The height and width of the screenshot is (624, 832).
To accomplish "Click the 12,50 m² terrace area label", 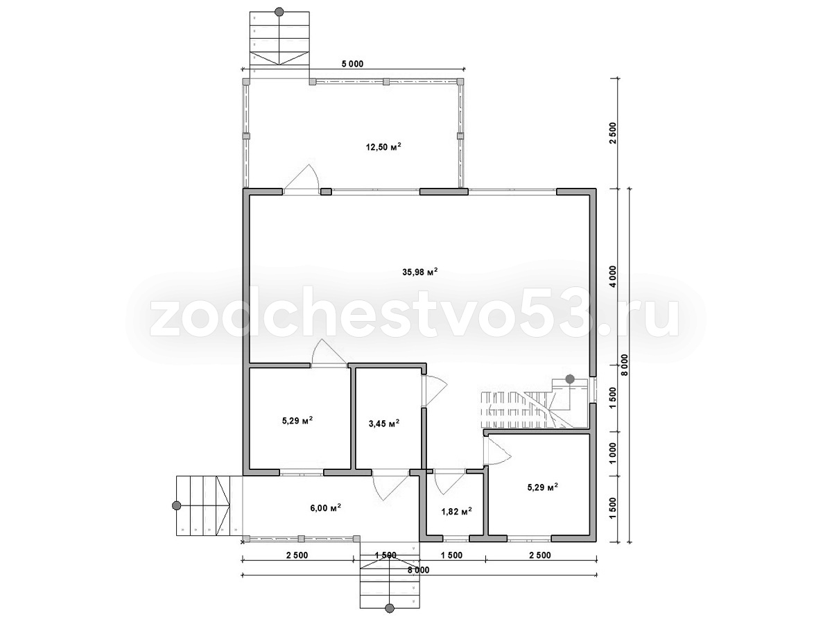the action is (x=383, y=146).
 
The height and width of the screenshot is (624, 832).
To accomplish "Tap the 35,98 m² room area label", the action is (x=420, y=272).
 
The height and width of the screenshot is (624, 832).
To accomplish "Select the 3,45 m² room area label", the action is (x=383, y=423).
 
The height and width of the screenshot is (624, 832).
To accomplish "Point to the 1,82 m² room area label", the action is (x=456, y=512).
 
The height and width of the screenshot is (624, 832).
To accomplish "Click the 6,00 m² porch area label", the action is (x=325, y=508).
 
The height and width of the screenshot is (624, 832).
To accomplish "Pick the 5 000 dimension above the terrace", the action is (x=352, y=64).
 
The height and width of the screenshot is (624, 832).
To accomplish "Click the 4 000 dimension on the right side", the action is (x=613, y=277).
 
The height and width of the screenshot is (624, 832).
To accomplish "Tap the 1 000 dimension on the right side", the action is (x=613, y=453).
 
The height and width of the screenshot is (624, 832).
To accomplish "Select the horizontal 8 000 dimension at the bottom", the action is (x=418, y=570).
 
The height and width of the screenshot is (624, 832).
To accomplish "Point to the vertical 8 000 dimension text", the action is (x=624, y=365).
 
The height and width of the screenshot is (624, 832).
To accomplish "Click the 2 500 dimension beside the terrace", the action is (x=613, y=133).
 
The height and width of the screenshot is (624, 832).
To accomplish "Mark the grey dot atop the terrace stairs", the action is (x=279, y=11).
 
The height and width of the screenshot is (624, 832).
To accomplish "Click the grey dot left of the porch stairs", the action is (x=176, y=505).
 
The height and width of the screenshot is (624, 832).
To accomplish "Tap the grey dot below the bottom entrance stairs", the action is (x=389, y=609).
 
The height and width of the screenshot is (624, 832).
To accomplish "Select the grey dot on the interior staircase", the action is (x=570, y=379).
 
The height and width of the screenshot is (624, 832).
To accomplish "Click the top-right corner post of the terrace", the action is (x=460, y=81).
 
